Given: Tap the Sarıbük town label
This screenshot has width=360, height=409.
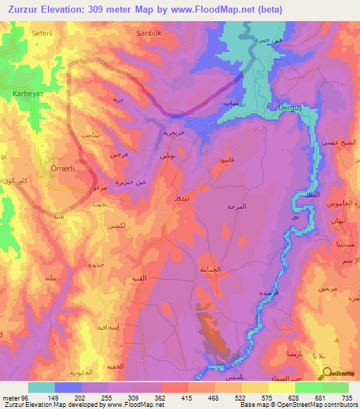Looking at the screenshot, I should pyautogui.click(x=150, y=32).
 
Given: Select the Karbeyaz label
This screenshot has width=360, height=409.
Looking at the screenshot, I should pyautogui.click(x=28, y=93).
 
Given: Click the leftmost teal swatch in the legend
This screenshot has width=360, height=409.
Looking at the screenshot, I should pyautogui.click(x=41, y=387).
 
